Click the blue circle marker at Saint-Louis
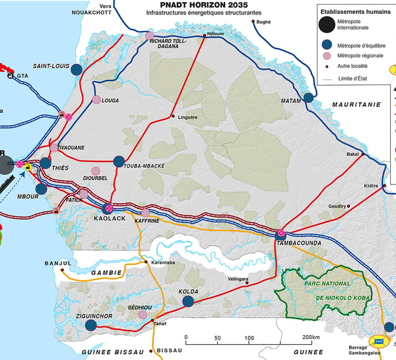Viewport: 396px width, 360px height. click(x=77, y=69)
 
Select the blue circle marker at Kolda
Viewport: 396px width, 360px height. click(x=187, y=301)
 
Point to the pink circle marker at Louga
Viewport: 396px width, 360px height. click(x=97, y=100)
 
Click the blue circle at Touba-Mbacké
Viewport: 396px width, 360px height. click(x=119, y=160)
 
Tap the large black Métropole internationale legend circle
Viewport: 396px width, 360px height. click(x=326, y=25)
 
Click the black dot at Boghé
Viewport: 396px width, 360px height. click(x=254, y=22)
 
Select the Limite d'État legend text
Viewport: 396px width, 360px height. click(x=351, y=78)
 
